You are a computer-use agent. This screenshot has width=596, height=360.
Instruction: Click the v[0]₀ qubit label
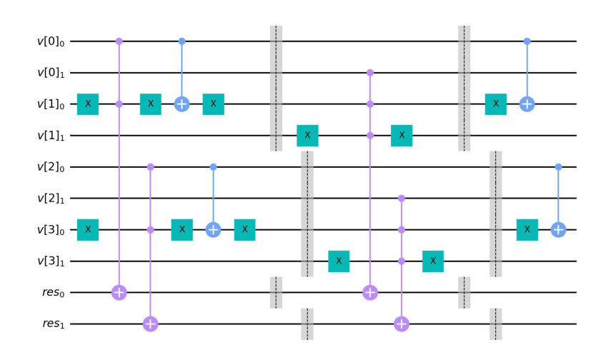click(51, 41)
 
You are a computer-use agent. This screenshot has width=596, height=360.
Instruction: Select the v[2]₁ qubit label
click(51, 199)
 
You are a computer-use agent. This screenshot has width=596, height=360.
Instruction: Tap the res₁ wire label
click(53, 324)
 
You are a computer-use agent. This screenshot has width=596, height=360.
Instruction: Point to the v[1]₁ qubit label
click(51, 136)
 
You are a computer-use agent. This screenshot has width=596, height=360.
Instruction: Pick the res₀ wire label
click(53, 293)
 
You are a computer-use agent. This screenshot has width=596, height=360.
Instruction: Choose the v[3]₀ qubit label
click(51, 230)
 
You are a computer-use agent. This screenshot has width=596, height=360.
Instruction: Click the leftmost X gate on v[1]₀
click(88, 104)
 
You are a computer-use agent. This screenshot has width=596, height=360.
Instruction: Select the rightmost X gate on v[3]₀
click(527, 230)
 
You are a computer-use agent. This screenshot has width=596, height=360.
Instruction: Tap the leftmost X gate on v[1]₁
click(307, 136)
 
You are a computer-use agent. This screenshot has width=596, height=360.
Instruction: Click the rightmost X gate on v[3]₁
click(433, 261)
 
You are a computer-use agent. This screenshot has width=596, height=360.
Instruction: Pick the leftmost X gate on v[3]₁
click(339, 261)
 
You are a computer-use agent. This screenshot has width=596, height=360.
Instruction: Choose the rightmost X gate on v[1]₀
click(496, 104)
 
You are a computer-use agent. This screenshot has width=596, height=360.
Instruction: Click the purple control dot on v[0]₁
click(370, 73)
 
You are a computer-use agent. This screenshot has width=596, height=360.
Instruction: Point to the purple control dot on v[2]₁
click(402, 199)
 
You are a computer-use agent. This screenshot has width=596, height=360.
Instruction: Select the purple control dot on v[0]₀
click(119, 41)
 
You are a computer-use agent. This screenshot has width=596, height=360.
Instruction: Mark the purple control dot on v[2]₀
click(151, 166)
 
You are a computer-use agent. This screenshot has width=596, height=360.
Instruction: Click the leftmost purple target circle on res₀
click(119, 293)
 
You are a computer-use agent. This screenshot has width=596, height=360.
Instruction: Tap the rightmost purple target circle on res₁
click(402, 324)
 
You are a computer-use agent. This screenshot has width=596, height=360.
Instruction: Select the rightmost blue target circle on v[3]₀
click(558, 230)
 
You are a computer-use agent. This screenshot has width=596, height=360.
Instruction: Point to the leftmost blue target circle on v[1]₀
click(182, 104)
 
